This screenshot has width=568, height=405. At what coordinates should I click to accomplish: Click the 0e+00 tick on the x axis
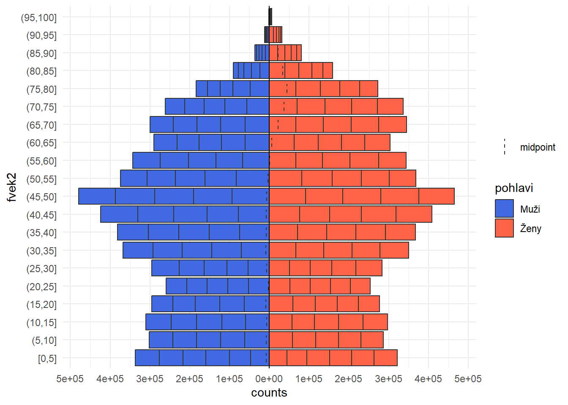pos(269,379)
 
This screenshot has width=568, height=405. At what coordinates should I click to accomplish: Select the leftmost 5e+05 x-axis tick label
pos(70,379)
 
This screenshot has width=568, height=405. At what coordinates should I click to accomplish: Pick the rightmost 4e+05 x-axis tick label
pos(428,379)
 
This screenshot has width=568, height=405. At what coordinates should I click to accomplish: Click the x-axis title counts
pos(269,393)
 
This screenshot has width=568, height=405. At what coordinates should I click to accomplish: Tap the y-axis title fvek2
pos(11,187)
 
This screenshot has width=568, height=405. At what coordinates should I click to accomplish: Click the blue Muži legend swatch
pos(504,208)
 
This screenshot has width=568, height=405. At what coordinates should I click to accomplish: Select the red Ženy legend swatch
pos(504,228)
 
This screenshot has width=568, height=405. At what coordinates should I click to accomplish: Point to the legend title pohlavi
pos(514,188)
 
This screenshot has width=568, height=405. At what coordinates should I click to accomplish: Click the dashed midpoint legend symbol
pos(505,147)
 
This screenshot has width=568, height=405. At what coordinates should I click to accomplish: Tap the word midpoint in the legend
pos(538,147)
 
